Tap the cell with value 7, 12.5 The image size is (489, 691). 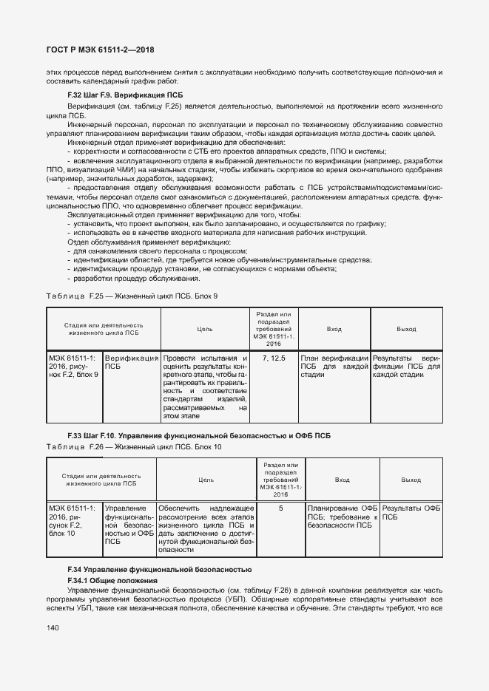pyautogui.click(x=274, y=358)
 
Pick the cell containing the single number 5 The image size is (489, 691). pyautogui.click(x=281, y=508)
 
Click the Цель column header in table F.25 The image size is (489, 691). pyautogui.click(x=206, y=330)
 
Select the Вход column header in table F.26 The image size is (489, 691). pyautogui.click(x=343, y=480)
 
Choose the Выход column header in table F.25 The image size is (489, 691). pyautogui.click(x=406, y=330)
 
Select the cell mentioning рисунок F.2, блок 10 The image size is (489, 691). pyautogui.click(x=73, y=521)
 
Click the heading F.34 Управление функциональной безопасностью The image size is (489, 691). pyautogui.click(x=160, y=570)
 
